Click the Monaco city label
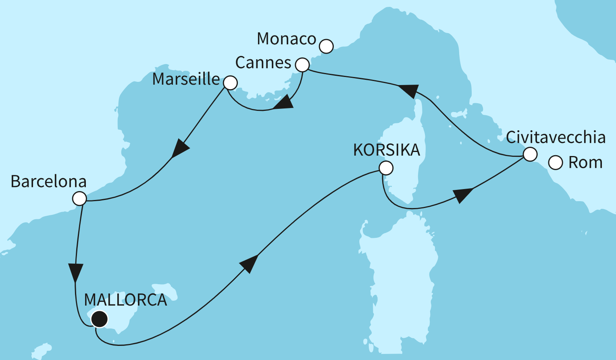click(x=286, y=39)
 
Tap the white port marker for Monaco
click(x=326, y=46)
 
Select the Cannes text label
click(x=263, y=63)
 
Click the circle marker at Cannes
click(x=302, y=65)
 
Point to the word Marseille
click(x=186, y=79)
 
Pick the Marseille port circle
click(x=230, y=83)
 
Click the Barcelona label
click(x=48, y=182)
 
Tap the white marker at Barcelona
click(x=79, y=199)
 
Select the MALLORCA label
click(x=125, y=300)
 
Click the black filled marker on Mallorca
click(x=99, y=319)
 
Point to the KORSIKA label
click(x=386, y=150)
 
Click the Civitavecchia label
click(x=556, y=137)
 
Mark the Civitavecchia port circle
click(x=530, y=154)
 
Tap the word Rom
click(x=585, y=163)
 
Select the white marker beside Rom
click(x=556, y=163)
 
